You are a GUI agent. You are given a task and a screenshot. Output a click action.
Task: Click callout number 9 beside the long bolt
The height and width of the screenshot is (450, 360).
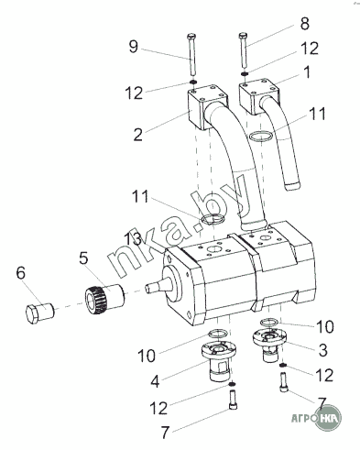pos(134,47)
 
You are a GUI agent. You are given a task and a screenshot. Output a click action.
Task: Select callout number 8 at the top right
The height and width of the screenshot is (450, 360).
pos(304,24)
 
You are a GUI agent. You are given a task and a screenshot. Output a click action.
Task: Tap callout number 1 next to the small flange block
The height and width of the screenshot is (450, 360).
pos(307,72)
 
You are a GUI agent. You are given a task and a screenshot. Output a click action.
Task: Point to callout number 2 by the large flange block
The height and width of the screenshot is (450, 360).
pos(138,135)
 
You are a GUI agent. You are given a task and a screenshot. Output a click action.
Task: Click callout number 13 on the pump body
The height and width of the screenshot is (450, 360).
pos(133,239)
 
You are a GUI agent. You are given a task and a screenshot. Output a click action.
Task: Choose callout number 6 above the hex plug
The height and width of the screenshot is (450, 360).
pos(21,273)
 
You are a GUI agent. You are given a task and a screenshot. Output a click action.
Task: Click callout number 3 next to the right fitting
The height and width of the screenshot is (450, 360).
pos(322,350)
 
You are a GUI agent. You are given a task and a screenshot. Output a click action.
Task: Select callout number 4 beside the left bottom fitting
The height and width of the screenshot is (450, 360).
pos(155,381)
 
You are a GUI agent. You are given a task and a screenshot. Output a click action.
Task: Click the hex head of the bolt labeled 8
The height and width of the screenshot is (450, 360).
pos(243,36)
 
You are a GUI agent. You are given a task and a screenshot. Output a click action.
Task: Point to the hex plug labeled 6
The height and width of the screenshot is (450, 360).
pos(39,313)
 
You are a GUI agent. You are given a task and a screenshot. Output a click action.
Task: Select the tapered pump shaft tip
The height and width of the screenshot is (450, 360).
pos(148,288)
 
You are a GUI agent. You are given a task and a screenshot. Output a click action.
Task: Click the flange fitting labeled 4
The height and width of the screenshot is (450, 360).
pos(218,361)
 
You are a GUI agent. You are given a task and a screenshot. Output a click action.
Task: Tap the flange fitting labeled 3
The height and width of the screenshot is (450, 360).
pos(269,345)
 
